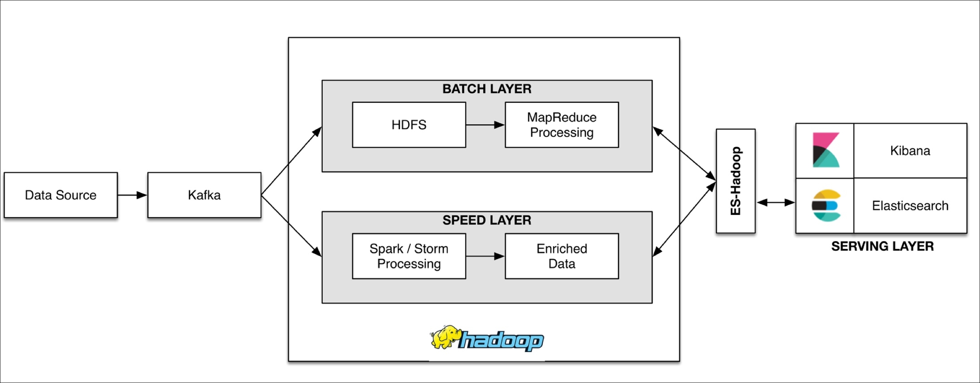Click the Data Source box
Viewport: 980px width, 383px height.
point(61,195)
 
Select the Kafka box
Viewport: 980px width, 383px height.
point(204,195)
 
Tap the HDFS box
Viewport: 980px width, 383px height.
point(409,125)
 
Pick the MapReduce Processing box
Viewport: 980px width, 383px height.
point(562,125)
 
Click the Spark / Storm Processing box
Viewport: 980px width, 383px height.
point(409,256)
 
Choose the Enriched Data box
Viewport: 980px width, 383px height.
point(562,256)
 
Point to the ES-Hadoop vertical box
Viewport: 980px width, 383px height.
point(736,181)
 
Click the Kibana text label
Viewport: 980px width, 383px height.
point(910,151)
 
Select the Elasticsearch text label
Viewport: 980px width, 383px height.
point(910,206)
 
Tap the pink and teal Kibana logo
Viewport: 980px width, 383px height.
point(826,150)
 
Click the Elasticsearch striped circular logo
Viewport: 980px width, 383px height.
point(826,206)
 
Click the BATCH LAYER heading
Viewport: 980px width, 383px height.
point(487,89)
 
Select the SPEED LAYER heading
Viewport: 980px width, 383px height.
point(487,220)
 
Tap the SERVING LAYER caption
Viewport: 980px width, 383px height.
point(882,246)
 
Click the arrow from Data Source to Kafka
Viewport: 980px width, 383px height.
point(132,195)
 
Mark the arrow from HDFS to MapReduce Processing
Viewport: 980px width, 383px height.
point(485,125)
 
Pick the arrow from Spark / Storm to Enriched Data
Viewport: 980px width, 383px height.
point(485,256)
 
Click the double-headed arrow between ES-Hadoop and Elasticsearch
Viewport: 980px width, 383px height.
point(776,202)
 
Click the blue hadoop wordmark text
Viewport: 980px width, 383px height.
point(501,340)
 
